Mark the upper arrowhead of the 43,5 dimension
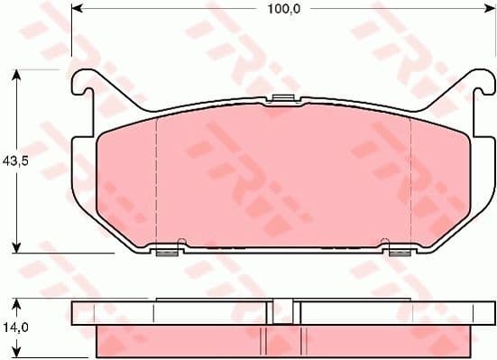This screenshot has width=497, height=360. tap(17, 74)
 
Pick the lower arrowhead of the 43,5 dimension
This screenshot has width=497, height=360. tap(17, 247)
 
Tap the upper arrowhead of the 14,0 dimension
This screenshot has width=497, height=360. tap(17, 301)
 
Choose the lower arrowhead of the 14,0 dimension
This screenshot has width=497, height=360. tap(17, 353)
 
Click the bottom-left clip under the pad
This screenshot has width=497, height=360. tap(166, 250)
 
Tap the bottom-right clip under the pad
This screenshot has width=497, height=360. tap(399, 250)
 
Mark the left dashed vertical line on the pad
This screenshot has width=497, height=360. tap(157, 180)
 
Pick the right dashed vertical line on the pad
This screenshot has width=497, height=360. tap(410, 180)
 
